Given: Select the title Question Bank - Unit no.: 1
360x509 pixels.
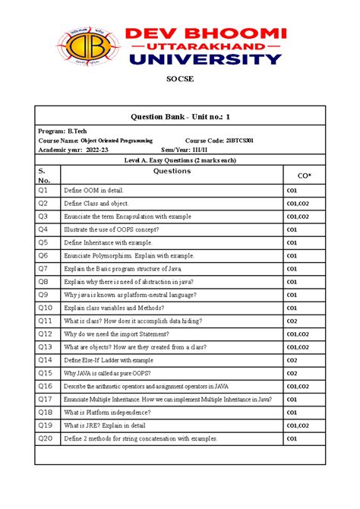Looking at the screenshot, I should (180, 116).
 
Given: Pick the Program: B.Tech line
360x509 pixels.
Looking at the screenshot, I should (62, 131).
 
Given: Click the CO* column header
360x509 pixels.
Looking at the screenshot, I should (303, 175).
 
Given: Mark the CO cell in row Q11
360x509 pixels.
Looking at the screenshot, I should (291, 321).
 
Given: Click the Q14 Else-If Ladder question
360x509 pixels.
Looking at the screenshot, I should (109, 360).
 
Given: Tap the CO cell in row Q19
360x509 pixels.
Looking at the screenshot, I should (296, 425).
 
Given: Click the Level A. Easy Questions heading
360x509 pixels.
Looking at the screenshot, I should (180, 160).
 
